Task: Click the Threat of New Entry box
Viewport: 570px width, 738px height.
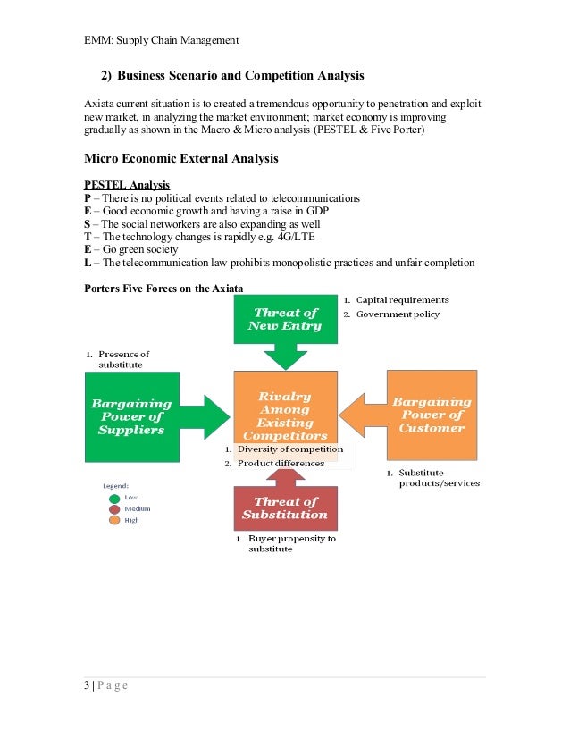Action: coord(285,319)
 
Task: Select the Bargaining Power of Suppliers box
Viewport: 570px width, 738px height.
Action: coord(132,416)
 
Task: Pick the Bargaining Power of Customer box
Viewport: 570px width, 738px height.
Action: coord(432,415)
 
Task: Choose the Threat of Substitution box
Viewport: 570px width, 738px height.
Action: coord(285,507)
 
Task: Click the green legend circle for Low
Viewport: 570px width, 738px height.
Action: coord(114,499)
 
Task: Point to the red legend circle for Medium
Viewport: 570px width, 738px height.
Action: coord(114,509)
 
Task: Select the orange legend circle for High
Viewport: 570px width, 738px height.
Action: coord(114,520)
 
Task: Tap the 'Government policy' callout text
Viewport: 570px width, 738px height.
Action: coord(398,314)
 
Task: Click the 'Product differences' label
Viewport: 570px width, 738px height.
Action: coord(281,463)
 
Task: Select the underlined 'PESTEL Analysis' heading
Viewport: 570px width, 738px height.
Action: coord(126,185)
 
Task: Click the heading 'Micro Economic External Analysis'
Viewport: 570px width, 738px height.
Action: coord(180,159)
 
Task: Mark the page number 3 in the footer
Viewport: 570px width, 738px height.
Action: coord(87,685)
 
